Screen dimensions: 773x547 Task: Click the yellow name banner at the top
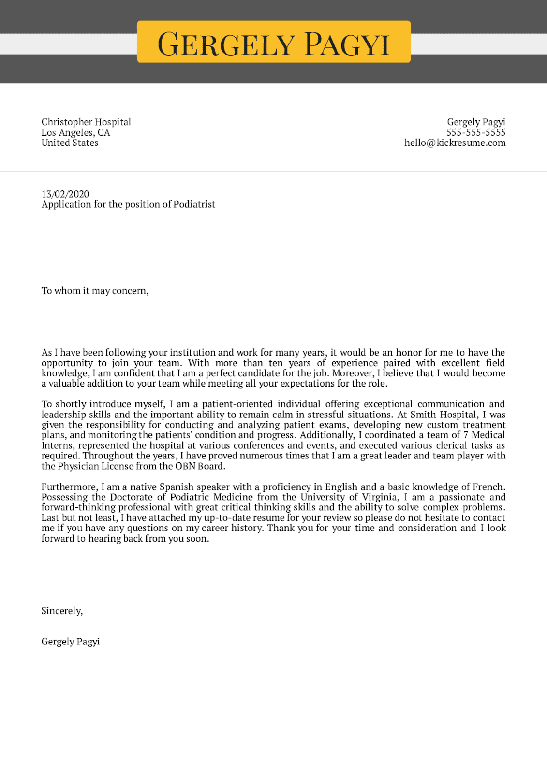click(x=274, y=42)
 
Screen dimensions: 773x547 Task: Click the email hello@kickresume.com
click(x=455, y=143)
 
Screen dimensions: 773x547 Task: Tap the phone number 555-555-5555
click(x=475, y=132)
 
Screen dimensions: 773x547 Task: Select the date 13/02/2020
click(x=65, y=194)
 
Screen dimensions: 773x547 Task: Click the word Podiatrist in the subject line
click(x=194, y=204)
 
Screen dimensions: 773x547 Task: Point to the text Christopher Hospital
click(x=86, y=122)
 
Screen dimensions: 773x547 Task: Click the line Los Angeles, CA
click(x=75, y=132)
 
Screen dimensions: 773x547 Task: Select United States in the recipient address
click(x=70, y=143)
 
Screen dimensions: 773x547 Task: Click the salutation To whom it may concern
click(x=95, y=291)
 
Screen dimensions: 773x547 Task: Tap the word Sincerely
click(x=62, y=611)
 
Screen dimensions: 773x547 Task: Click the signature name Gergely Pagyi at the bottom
click(x=71, y=642)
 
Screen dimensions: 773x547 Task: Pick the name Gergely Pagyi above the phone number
click(x=476, y=122)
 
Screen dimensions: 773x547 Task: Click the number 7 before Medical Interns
click(x=466, y=435)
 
